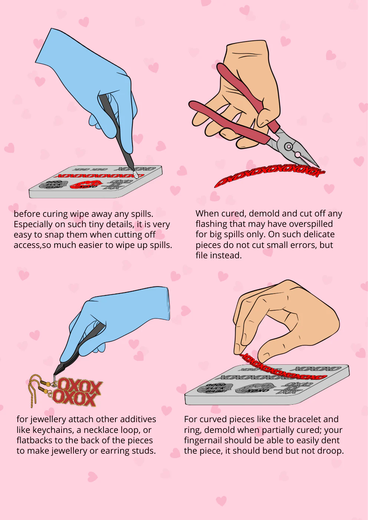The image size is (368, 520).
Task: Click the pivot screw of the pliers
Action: click(289, 146)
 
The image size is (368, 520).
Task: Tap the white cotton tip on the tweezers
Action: click(135, 175)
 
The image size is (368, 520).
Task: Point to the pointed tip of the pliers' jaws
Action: click(319, 166)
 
